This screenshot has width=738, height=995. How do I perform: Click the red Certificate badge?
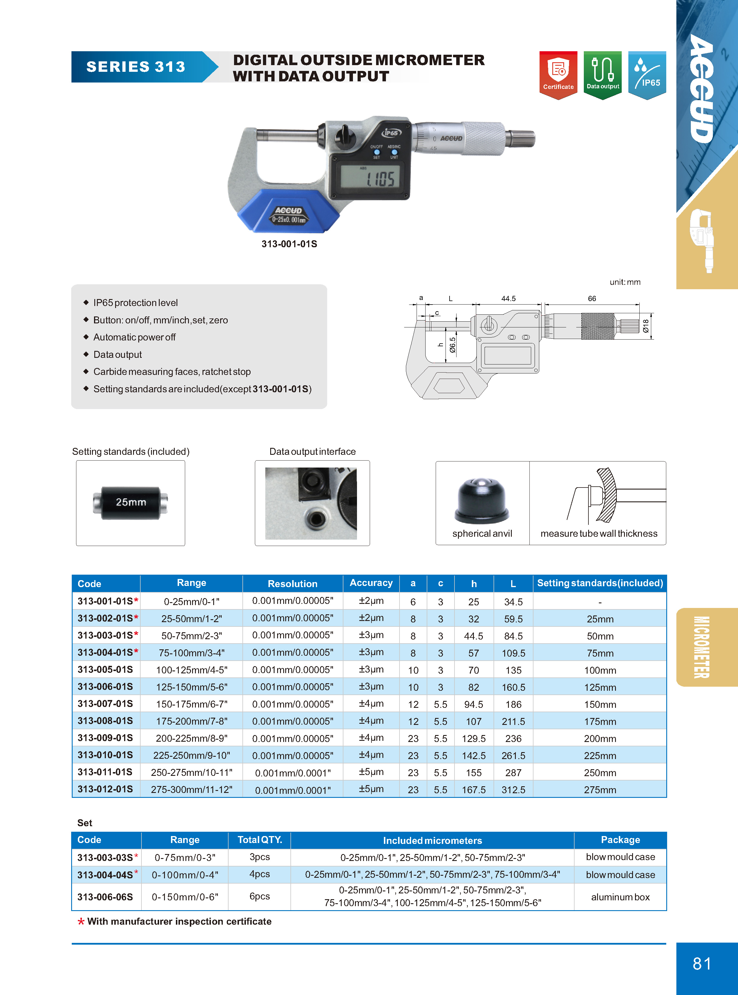tap(558, 74)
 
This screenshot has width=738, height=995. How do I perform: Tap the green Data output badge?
tap(602, 74)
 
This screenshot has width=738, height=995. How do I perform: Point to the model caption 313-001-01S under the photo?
tap(289, 244)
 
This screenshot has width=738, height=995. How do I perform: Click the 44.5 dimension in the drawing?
tap(508, 298)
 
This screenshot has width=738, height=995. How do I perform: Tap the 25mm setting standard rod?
tap(130, 502)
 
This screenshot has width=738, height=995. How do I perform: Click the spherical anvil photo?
tap(482, 501)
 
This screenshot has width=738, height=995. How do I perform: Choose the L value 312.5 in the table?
tap(513, 790)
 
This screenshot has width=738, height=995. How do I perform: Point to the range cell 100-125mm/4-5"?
tap(191, 670)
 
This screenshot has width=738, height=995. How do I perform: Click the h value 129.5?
tap(474, 739)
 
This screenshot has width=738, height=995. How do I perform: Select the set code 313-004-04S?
tap(105, 875)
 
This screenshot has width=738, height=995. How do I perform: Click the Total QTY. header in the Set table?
tap(260, 840)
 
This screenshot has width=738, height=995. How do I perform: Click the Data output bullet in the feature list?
tap(117, 354)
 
